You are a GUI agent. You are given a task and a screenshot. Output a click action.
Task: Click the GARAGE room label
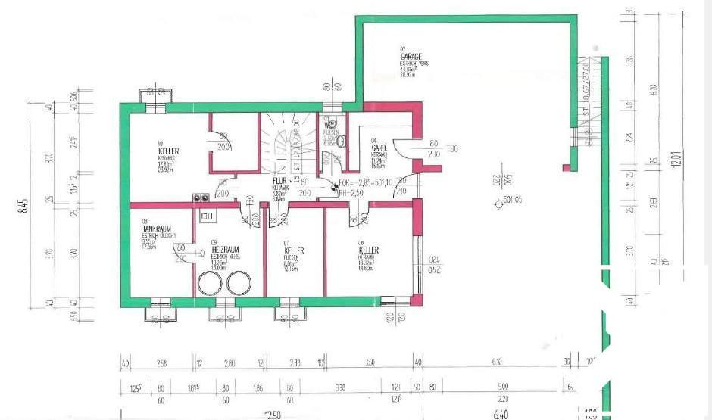click(x=412, y=56)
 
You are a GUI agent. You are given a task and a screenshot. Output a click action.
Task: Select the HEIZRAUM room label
click(x=226, y=249)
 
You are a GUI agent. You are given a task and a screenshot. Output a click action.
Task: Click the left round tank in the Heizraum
click(x=208, y=284)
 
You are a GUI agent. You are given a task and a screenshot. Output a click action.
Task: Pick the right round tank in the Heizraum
click(x=239, y=284)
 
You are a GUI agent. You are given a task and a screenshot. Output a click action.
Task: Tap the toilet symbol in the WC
click(x=340, y=141)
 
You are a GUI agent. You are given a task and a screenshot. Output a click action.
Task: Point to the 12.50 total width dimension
click(x=272, y=414)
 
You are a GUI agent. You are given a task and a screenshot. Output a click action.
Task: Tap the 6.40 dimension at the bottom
click(x=500, y=414)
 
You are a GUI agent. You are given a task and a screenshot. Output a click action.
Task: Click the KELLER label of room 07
click(x=294, y=250)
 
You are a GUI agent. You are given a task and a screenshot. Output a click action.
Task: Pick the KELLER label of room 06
click(x=369, y=250)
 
